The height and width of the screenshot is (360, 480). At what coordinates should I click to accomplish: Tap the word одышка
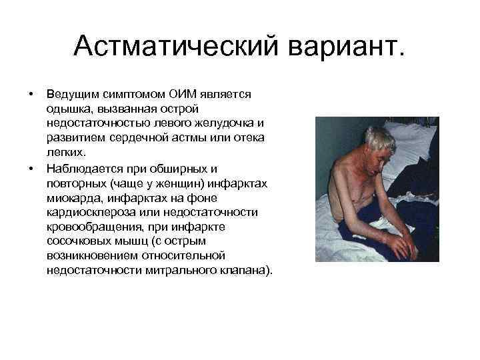(69, 109)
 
